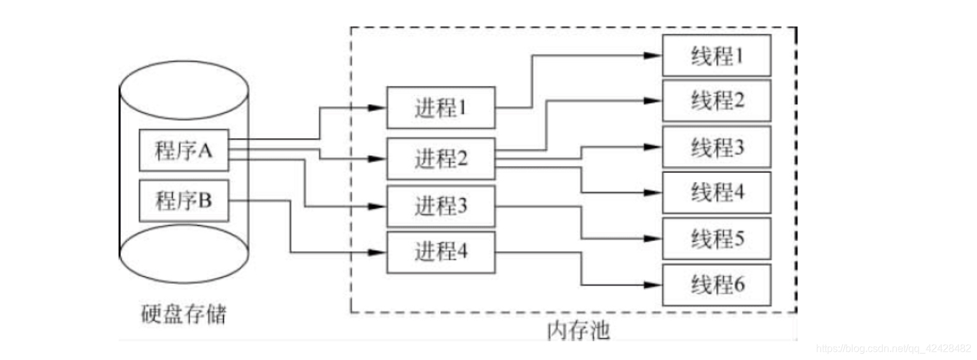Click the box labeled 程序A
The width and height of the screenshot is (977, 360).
coord(183,150)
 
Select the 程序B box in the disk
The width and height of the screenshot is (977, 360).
coord(183,201)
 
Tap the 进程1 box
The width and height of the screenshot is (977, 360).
coord(441,108)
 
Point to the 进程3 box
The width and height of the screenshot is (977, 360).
coord(441,206)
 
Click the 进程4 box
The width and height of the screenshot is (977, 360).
coord(441,253)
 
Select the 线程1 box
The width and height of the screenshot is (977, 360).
coord(717,55)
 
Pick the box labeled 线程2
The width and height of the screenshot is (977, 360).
coord(717,100)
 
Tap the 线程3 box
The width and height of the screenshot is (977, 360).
coord(717,147)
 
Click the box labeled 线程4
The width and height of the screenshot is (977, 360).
coord(717,192)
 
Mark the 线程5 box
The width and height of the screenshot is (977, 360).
coord(717,239)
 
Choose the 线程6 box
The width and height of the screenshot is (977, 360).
coord(717,285)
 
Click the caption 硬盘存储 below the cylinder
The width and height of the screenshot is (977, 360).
coord(183,314)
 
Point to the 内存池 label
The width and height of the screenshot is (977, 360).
coord(578,331)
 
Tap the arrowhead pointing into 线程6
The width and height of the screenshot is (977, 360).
coord(656,285)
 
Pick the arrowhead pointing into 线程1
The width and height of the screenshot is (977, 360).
coord(656,55)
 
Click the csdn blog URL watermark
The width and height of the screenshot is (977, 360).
coord(893,349)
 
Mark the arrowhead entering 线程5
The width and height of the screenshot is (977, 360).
coord(656,239)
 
